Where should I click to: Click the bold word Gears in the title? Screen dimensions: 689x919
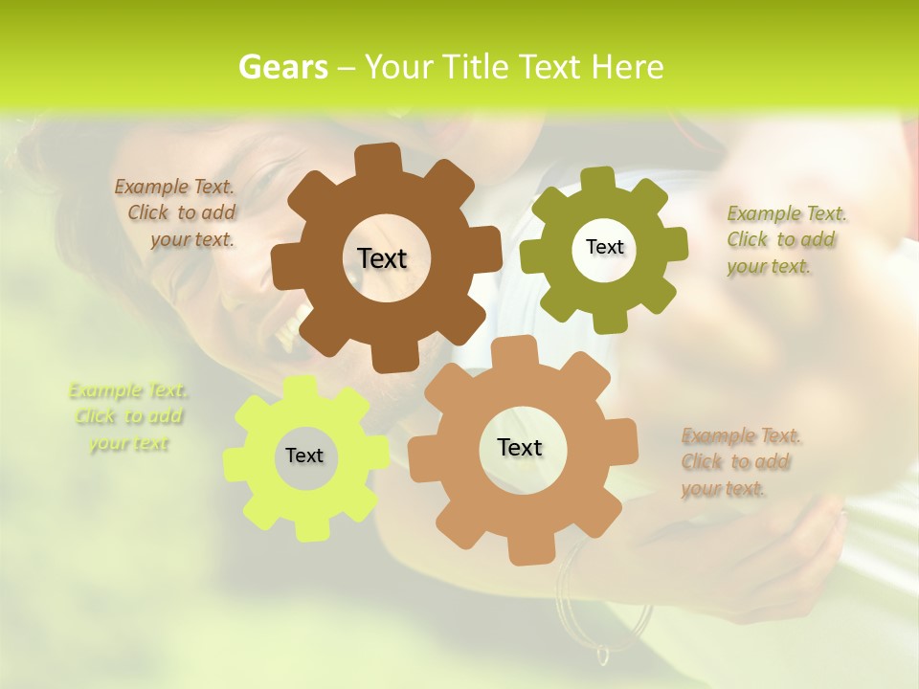coord(282,67)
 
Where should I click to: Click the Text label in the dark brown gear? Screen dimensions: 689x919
coord(382,258)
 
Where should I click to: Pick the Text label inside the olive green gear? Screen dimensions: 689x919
coord(604,247)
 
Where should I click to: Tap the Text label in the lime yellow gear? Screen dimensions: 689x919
coord(304,456)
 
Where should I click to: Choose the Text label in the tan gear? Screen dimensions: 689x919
coord(520,447)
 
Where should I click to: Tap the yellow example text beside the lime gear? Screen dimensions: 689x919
coord(128,416)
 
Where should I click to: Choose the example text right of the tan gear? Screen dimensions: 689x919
coord(739,462)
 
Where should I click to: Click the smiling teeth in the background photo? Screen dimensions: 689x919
coord(287,330)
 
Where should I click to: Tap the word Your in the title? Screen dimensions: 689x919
coord(402,67)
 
